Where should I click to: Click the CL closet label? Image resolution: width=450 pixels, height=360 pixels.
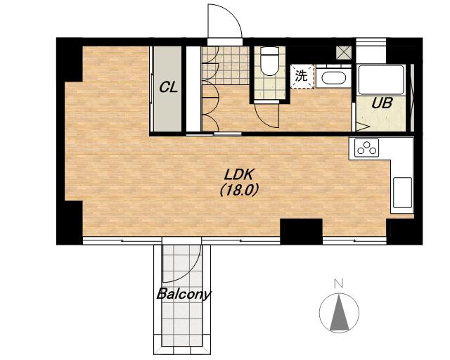point(169,87)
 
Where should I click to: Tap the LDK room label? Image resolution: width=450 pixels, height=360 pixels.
point(240,174)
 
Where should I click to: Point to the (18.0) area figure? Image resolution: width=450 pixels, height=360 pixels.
point(240,190)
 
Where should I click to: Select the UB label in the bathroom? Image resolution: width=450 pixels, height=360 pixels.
point(382,103)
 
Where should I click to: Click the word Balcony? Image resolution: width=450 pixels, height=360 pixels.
point(184,295)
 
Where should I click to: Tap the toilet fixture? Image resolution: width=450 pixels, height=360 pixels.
point(270,61)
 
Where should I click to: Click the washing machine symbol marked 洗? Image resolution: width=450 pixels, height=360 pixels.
point(302,77)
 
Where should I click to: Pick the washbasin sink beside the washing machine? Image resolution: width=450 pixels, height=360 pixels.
point(333,77)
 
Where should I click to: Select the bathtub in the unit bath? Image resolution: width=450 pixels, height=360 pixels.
point(381,80)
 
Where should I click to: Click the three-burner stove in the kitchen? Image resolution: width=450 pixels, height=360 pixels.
point(366,148)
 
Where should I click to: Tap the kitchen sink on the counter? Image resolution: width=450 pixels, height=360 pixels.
point(402,193)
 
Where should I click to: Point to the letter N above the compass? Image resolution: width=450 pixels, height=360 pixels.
point(339,283)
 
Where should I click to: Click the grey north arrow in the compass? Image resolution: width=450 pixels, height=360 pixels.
point(339,313)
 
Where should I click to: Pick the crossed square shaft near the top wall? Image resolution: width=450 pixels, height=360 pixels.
point(344,53)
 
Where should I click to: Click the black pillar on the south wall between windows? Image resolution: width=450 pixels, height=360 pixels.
point(302,231)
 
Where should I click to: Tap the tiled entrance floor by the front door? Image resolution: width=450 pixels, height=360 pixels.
point(226,65)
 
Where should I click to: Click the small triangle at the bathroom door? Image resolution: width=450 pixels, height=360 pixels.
point(363,127)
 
